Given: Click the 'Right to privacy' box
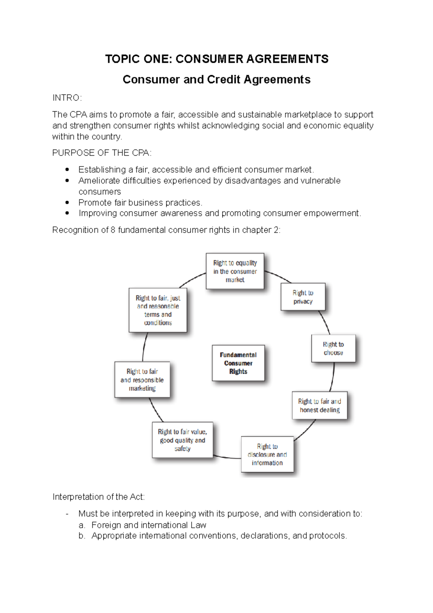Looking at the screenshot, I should coord(303,297).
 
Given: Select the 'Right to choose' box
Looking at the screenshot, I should coord(333,348).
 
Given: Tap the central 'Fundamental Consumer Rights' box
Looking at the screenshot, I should coord(238,363).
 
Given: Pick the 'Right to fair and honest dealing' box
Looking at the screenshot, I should coord(319,405).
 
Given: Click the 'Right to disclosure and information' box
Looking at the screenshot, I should coord(267,455).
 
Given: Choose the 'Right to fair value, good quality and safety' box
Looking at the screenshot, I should coord(182,440).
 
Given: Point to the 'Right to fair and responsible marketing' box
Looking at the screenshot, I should coord(142,380).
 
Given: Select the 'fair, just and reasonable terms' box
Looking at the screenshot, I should coord(158,310).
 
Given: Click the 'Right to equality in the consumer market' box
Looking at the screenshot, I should coord(235,271).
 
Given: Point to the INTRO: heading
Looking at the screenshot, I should coord(67,98).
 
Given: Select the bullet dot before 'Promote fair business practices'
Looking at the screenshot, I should coord(67,202).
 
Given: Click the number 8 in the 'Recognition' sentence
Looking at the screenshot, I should coord(113,230).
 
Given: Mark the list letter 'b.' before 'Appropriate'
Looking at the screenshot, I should coord(82,536).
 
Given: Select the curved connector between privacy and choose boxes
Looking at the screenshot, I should coord(325,322).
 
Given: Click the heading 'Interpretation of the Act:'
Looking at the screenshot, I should coord(99,497).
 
